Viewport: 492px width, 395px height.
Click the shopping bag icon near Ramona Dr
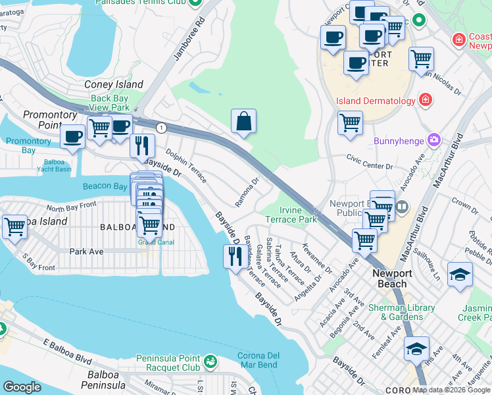(x=243, y=121)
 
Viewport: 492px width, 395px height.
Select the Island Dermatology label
(x=376, y=101)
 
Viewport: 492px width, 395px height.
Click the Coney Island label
(x=114, y=84)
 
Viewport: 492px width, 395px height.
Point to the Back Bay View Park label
(x=110, y=103)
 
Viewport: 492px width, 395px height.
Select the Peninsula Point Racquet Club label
(x=168, y=363)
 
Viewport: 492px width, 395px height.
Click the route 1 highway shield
(x=160, y=126)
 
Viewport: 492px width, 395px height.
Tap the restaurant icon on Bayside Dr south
(x=235, y=255)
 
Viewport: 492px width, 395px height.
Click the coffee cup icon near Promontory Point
(x=72, y=136)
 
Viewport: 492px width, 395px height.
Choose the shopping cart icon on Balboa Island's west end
(x=14, y=226)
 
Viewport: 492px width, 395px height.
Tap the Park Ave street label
(x=87, y=251)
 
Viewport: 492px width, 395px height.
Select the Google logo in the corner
(x=22, y=387)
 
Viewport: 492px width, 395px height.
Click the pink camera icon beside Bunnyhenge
(x=433, y=140)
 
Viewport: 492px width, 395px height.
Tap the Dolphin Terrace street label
(x=186, y=166)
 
